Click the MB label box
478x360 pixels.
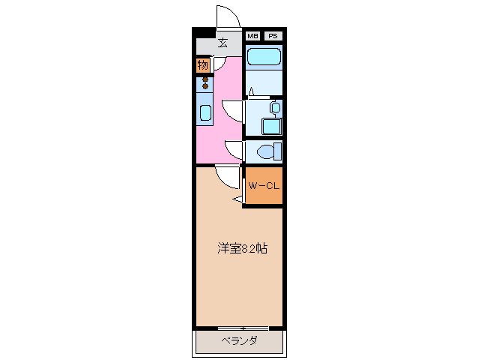pyautogui.click(x=253, y=35)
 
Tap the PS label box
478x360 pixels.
pyautogui.click(x=273, y=35)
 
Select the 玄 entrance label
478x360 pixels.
pyautogui.click(x=223, y=43)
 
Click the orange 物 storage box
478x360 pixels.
pyautogui.click(x=203, y=65)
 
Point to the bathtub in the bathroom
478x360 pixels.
pyautogui.click(x=264, y=57)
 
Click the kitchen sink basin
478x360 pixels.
pyautogui.click(x=205, y=113)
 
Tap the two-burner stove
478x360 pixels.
pyautogui.click(x=205, y=82)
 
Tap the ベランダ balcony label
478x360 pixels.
pyautogui.click(x=240, y=342)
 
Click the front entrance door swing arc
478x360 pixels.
pyautogui.click(x=228, y=16)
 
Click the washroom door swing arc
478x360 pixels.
pyautogui.click(x=232, y=111)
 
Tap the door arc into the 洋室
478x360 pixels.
pyautogui.click(x=224, y=177)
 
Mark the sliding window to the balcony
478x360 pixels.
pyautogui.click(x=242, y=328)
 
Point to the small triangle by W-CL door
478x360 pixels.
pyautogui.click(x=238, y=199)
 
